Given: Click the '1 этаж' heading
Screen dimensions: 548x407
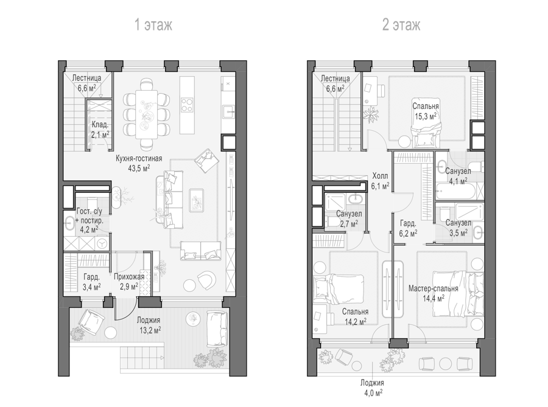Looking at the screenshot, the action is pyautogui.click(x=153, y=25).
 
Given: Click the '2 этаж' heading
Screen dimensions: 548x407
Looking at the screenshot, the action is pyautogui.click(x=401, y=25).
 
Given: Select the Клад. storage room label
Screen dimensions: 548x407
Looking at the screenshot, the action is pyautogui.click(x=100, y=125).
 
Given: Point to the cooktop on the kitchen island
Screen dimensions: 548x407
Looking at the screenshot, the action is pyautogui.click(x=187, y=105).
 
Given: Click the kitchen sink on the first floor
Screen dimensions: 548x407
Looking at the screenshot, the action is pyautogui.click(x=229, y=111).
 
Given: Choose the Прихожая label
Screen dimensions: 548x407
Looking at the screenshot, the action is pyautogui.click(x=129, y=277).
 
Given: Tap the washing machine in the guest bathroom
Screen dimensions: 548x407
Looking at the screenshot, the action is pyautogui.click(x=102, y=243).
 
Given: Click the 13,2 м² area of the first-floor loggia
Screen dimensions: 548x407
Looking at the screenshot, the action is pyautogui.click(x=149, y=330).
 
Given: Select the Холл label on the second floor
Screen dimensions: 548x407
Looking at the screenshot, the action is pyautogui.click(x=380, y=176).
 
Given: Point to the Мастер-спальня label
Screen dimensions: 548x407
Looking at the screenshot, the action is pyautogui.click(x=434, y=288).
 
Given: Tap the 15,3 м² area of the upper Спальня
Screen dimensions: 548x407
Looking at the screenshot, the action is pyautogui.click(x=426, y=116).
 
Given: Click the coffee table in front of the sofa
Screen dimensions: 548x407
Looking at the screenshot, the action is pyautogui.click(x=197, y=200).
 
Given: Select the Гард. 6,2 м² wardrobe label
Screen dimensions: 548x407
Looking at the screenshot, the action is pyautogui.click(x=408, y=228).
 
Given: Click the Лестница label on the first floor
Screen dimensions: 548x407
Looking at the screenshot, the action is pyautogui.click(x=86, y=78).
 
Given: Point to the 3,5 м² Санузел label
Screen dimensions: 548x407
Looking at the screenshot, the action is pyautogui.click(x=458, y=228).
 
